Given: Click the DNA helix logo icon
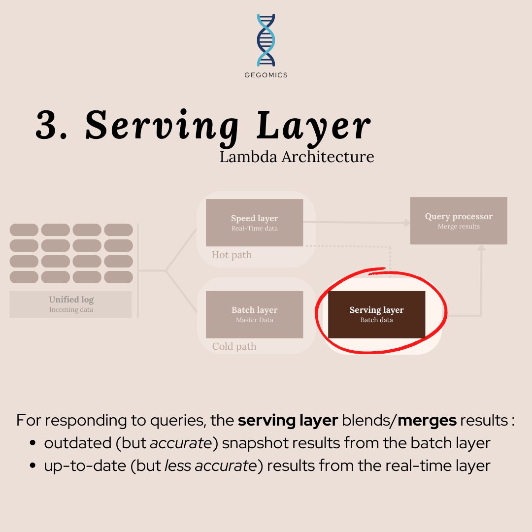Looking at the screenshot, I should tap(266, 40).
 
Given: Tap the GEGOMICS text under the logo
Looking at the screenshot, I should tap(266, 75).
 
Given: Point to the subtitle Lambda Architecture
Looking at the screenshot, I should tap(297, 157).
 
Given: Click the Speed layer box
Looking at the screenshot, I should tap(254, 223).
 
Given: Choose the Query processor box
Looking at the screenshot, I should tap(459, 221).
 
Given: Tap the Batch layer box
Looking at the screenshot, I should tap(254, 314).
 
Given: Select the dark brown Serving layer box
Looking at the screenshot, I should tap(376, 314).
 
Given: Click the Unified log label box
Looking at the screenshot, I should tap(71, 304).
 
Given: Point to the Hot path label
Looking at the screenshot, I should tap(232, 255).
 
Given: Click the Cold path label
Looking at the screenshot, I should tap(234, 346).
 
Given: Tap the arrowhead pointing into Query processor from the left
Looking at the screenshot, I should tap(407, 223).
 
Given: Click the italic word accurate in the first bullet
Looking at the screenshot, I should tap(180, 443).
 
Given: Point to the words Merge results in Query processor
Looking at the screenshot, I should tap(459, 227).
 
